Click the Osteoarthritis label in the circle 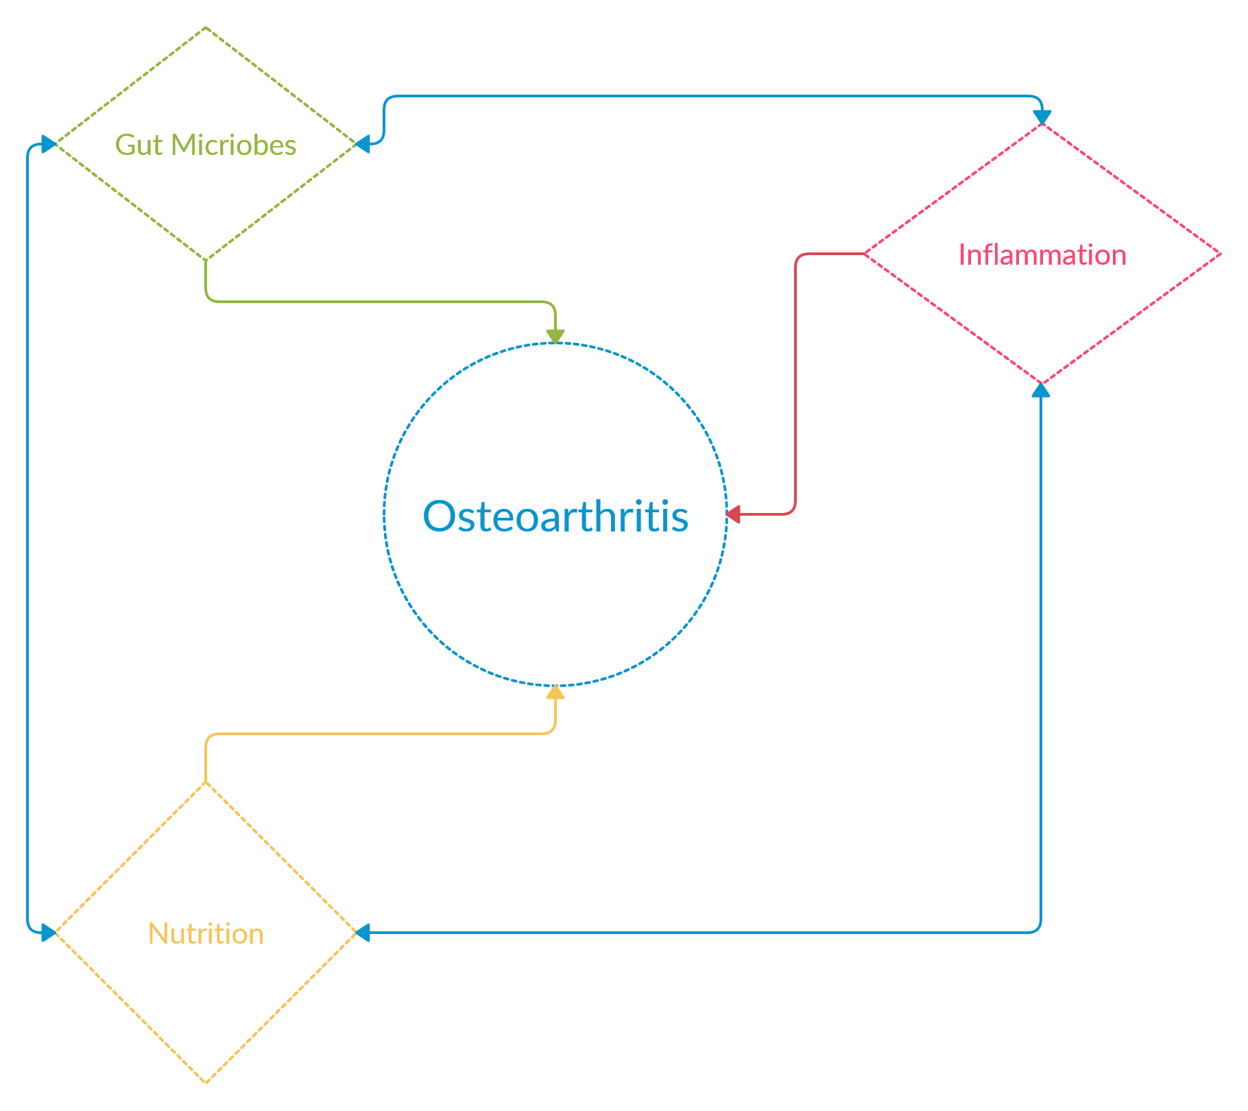pyautogui.click(x=555, y=516)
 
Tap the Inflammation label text pyautogui.click(x=1042, y=254)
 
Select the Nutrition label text pyautogui.click(x=206, y=933)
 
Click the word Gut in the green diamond pyautogui.click(x=139, y=145)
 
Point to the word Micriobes pyautogui.click(x=233, y=145)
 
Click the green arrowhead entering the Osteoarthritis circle pyautogui.click(x=555, y=336)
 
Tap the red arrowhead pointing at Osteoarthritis pyautogui.click(x=734, y=514)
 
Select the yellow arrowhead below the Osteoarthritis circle pyautogui.click(x=555, y=693)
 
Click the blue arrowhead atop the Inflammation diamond pyautogui.click(x=1042, y=117)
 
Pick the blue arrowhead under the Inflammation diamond pyautogui.click(x=1041, y=390)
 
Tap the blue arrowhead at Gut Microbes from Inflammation pyautogui.click(x=363, y=144)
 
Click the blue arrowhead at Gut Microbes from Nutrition pyautogui.click(x=48, y=144)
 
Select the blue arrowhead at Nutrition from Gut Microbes pyautogui.click(x=48, y=933)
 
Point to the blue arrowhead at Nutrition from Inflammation pyautogui.click(x=363, y=933)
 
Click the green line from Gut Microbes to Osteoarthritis pyautogui.click(x=377, y=301)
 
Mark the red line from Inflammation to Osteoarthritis pyautogui.click(x=795, y=384)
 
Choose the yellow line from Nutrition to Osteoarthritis pyautogui.click(x=377, y=734)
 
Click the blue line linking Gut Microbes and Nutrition pyautogui.click(x=27, y=538)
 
